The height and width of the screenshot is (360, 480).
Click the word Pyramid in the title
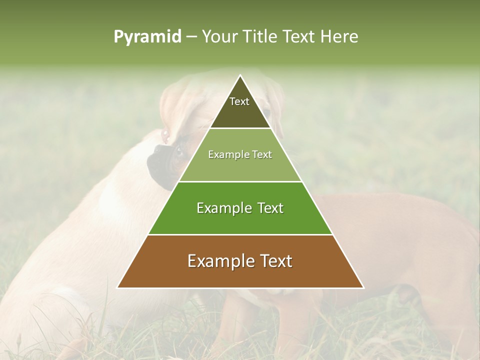(147, 37)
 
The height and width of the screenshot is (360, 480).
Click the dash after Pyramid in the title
(191, 37)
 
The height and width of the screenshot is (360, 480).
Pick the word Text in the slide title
(299, 37)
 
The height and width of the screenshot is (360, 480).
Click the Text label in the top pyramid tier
(239, 101)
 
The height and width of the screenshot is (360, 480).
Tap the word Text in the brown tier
(274, 261)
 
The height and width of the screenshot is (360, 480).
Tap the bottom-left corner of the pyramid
(117, 287)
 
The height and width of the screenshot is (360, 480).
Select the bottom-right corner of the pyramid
(363, 287)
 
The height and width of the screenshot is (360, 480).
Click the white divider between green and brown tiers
(240, 234)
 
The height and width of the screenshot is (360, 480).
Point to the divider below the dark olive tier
(240, 128)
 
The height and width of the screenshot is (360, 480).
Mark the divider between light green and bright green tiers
(240, 181)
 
